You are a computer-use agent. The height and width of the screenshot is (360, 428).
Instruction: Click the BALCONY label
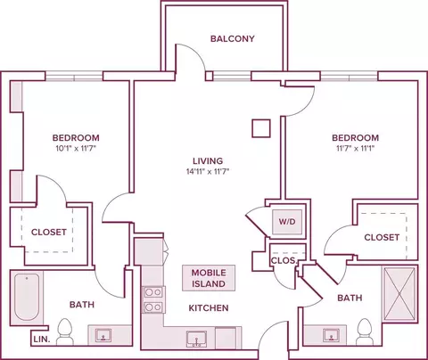point(233,38)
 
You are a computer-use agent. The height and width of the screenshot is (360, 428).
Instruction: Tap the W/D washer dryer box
point(287,222)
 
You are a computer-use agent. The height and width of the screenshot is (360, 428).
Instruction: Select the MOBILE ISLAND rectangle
point(209,278)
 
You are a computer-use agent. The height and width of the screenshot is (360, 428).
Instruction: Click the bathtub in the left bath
point(27,297)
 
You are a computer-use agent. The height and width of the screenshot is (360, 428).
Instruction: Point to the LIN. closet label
point(42,340)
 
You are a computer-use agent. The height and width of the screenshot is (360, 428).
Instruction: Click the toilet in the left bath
point(64,331)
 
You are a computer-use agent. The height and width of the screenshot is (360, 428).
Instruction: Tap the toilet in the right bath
point(365,331)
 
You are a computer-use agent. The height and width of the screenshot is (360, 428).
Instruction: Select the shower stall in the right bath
point(399,294)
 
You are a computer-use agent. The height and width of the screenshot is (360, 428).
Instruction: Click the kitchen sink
point(196,339)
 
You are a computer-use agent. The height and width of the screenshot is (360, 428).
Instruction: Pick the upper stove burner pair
point(153,292)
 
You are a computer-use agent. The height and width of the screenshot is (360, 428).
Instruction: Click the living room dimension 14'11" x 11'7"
point(208,171)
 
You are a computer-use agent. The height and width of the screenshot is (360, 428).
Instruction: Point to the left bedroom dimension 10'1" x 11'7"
point(76,148)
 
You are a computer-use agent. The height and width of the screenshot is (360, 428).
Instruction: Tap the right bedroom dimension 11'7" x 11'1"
point(355,148)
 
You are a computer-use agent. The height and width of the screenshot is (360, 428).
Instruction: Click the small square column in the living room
point(261,128)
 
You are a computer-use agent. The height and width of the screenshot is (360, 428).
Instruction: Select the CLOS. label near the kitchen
point(284,260)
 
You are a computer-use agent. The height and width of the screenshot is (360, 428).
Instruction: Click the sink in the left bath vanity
point(103,335)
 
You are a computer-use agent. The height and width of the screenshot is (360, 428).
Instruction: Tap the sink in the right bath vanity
point(331,335)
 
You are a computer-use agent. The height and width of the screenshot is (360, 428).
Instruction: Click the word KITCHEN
point(209,308)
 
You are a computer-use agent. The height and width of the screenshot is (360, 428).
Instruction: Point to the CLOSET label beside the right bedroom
point(382,237)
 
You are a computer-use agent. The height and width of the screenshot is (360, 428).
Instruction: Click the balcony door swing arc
point(194,53)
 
